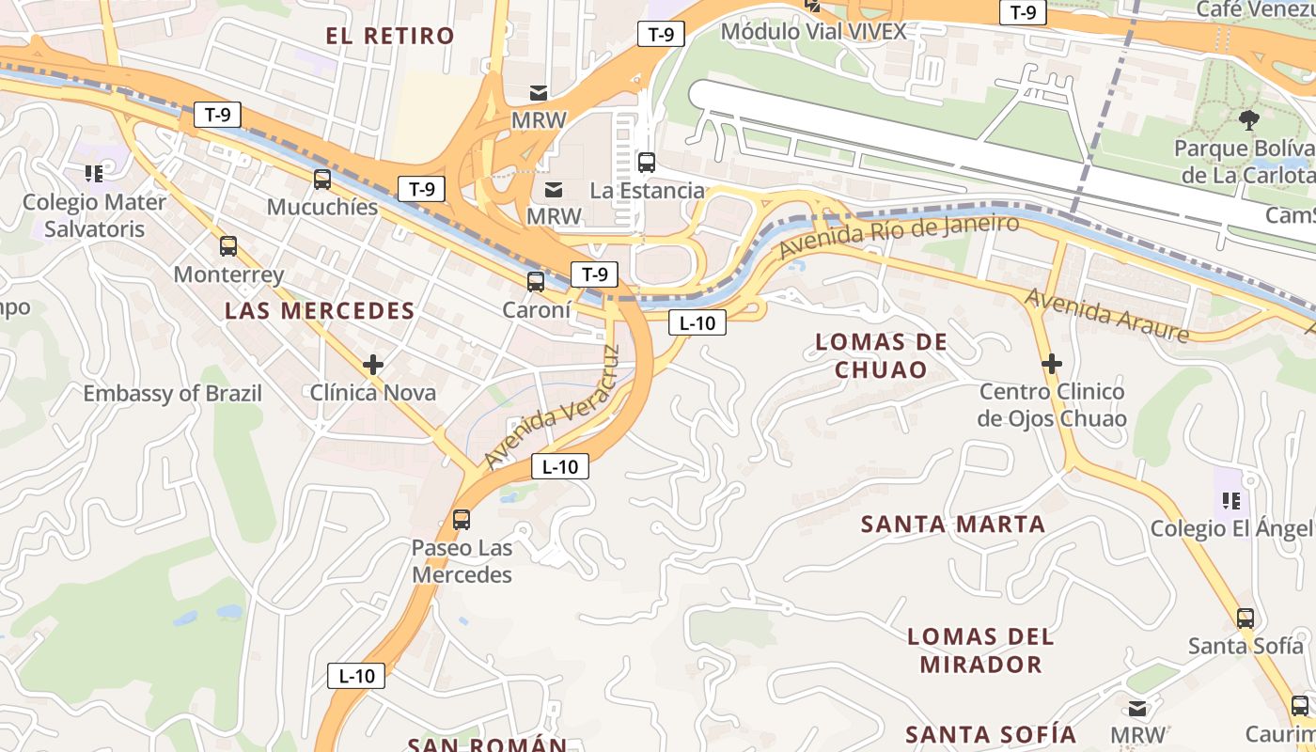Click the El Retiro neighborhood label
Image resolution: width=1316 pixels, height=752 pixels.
[x=390, y=37]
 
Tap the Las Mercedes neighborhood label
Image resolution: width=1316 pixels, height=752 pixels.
[x=320, y=311]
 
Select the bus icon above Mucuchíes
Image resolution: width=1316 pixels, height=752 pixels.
[x=322, y=179]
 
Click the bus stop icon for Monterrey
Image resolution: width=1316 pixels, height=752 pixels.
[x=228, y=246]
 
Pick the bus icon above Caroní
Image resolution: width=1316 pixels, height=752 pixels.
[x=536, y=281]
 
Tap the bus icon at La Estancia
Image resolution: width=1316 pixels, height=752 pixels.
[x=647, y=162]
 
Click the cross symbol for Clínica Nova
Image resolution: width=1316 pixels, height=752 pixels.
[x=373, y=365]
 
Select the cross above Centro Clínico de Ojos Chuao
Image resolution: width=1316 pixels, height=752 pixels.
[x=1052, y=363]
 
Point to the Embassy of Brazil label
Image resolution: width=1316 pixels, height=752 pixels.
[x=173, y=394]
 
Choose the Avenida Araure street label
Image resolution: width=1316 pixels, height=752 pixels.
[x=1106, y=315]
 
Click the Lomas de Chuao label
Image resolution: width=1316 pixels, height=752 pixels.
[x=881, y=355]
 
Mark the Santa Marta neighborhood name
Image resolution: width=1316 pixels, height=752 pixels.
[x=953, y=525]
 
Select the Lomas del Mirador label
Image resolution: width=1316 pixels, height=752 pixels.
[x=980, y=650]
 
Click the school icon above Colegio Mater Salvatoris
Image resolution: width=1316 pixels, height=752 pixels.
[x=94, y=173]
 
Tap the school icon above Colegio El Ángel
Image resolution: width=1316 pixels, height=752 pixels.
[x=1231, y=500]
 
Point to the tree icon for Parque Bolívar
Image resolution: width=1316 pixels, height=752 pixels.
[x=1249, y=119]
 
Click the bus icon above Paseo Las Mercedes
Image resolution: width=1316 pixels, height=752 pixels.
[x=462, y=519]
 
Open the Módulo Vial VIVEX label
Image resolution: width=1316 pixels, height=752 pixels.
[x=813, y=32]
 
